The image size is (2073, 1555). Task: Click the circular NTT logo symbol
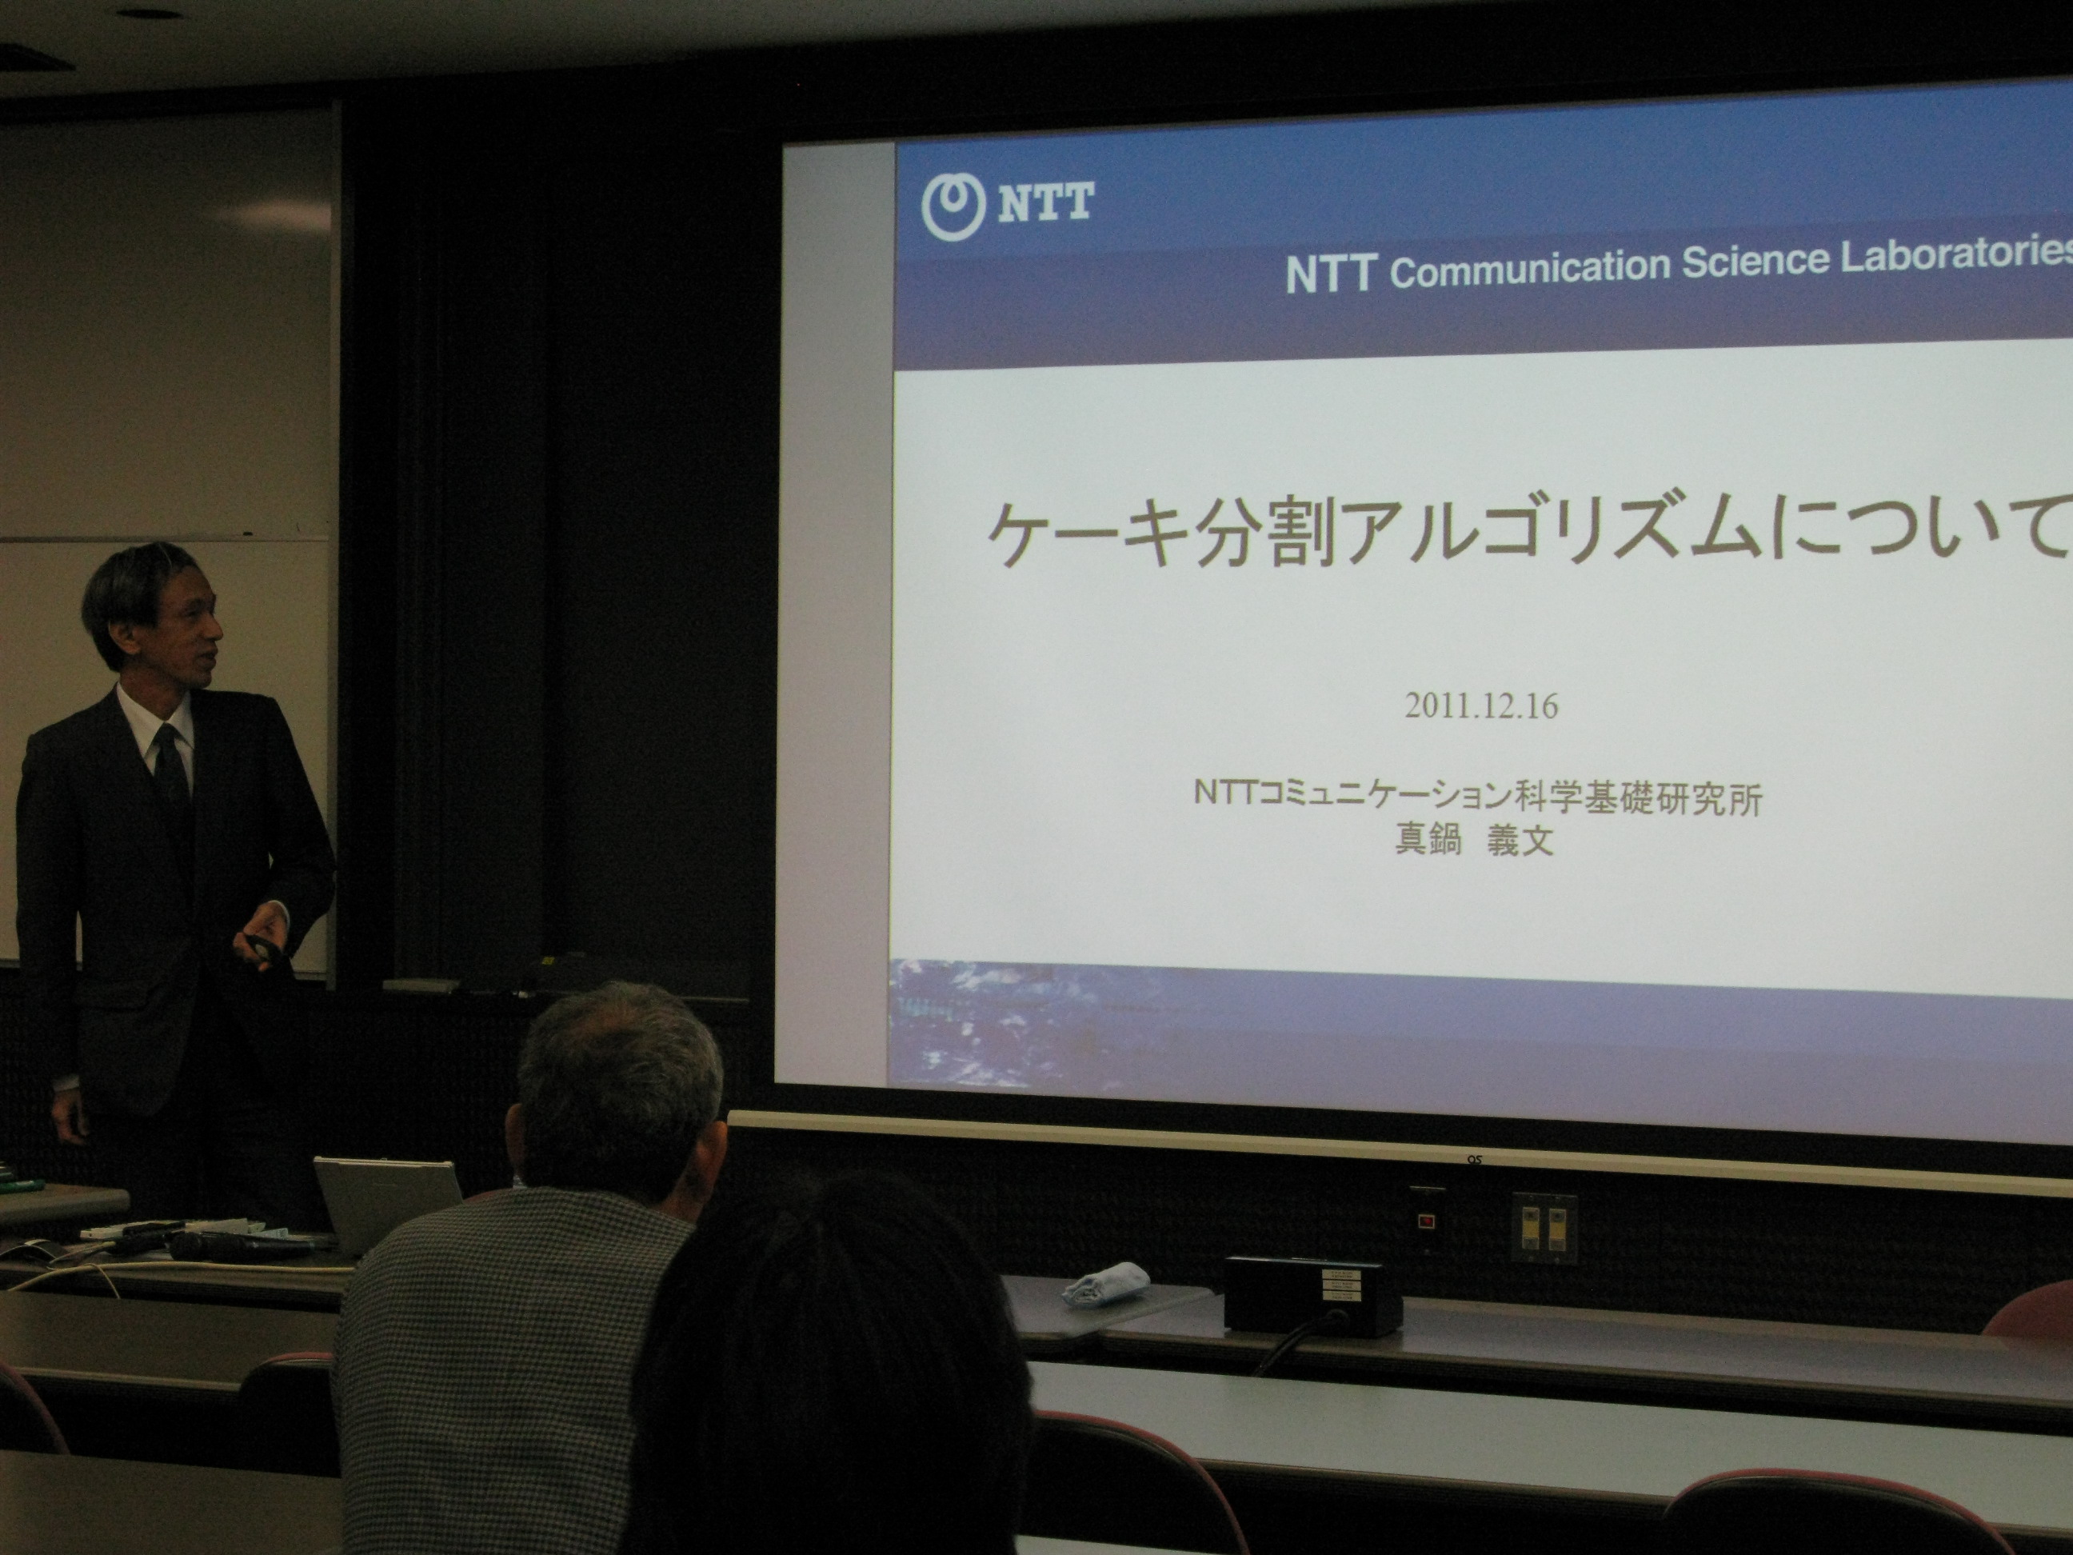pos(954,206)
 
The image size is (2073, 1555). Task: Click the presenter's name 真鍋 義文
pos(1474,840)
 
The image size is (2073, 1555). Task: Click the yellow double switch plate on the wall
pos(1544,1226)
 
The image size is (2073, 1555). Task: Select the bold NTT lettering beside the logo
pos(1045,202)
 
